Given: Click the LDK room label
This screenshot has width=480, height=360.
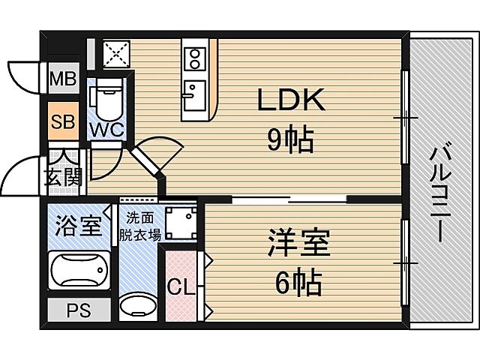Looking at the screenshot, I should pos(292,100).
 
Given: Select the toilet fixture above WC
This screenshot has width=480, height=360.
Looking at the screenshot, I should pos(103,97).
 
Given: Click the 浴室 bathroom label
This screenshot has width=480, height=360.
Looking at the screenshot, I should pos(78,226).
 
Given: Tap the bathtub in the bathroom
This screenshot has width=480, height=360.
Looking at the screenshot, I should pos(79,268).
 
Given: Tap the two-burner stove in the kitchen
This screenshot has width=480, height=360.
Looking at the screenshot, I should pos(193,57).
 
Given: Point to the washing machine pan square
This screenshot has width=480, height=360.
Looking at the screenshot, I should pos(181,221).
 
